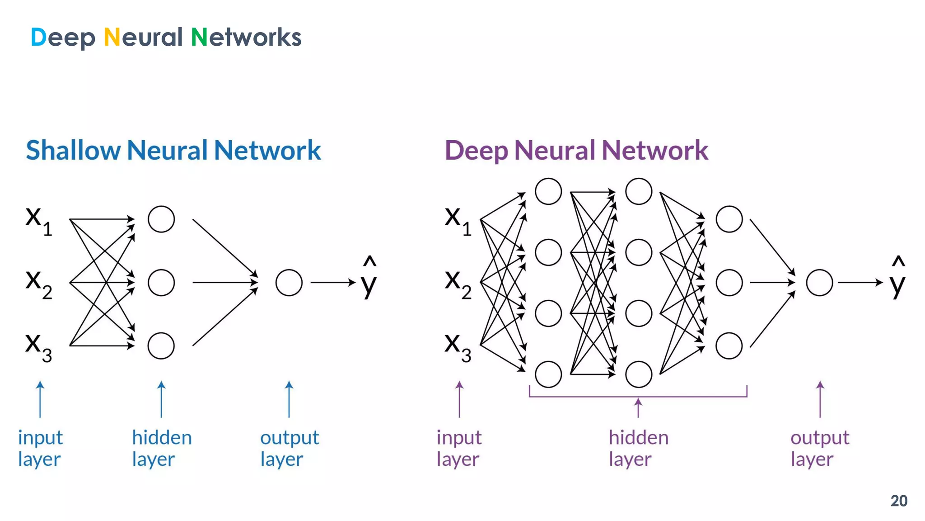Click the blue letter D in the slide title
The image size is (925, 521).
click(x=38, y=37)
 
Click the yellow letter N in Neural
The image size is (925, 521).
click(x=112, y=37)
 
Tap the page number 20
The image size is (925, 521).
click(x=898, y=501)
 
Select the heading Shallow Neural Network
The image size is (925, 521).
click(x=173, y=150)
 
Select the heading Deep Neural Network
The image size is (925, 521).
click(x=576, y=150)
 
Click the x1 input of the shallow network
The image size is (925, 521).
click(x=38, y=221)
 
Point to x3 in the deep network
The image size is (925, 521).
click(x=458, y=347)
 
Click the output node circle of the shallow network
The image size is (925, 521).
click(x=289, y=283)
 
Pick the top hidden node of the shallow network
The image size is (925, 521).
click(x=161, y=219)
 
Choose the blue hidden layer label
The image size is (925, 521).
click(x=162, y=448)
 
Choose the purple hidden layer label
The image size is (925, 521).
click(x=638, y=448)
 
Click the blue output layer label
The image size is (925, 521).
click(x=289, y=448)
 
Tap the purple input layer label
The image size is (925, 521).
click(x=458, y=448)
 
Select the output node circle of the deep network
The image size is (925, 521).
click(x=819, y=283)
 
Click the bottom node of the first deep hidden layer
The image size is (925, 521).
click(x=548, y=374)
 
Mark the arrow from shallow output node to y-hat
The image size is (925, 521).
click(x=333, y=283)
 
